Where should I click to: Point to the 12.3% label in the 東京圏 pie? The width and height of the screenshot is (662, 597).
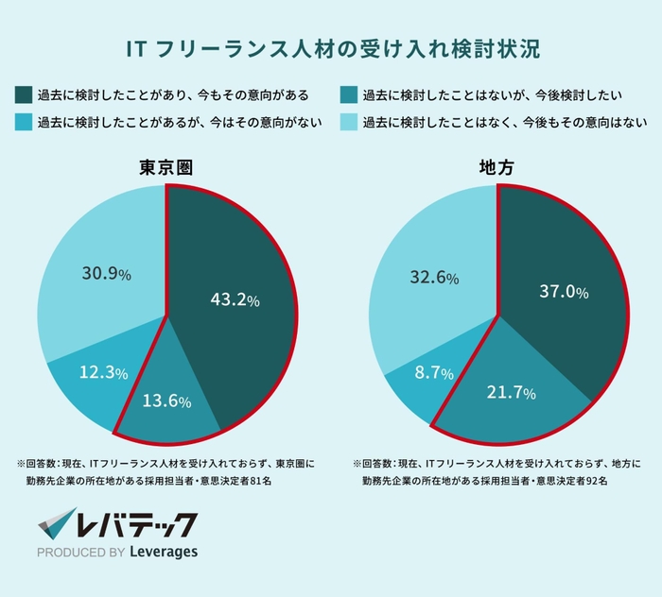pos(104,373)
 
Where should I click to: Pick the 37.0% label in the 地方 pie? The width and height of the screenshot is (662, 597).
pos(564,292)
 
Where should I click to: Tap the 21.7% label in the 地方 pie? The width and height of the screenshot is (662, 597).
pos(510,390)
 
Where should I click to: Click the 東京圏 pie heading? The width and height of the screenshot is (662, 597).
pos(167,168)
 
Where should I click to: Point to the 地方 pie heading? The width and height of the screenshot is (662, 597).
pos(498,168)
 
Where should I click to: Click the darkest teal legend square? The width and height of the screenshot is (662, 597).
pos(24,94)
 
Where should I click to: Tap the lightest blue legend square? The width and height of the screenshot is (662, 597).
pos(348,122)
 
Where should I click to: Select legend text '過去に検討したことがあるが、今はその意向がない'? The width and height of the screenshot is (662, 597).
pos(179,122)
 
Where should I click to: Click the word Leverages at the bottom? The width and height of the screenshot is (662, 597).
pos(162,552)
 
